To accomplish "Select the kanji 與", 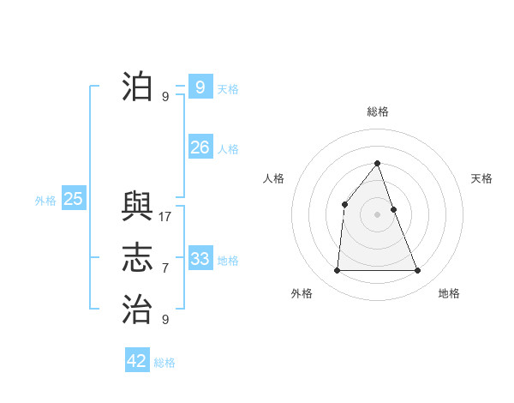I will click(x=137, y=207).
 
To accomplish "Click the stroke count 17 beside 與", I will click(x=165, y=217).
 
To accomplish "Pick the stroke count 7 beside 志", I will click(x=165, y=268).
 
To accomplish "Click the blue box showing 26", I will click(x=200, y=147).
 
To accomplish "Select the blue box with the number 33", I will click(x=200, y=258).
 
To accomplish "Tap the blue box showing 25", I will click(x=73, y=199).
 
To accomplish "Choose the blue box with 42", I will click(x=136, y=360).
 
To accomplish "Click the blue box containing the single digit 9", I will click(x=200, y=87).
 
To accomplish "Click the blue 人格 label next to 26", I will click(x=228, y=149).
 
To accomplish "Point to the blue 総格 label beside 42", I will click(x=164, y=363).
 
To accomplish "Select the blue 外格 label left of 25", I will click(x=45, y=201).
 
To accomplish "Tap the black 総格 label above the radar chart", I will click(x=378, y=111).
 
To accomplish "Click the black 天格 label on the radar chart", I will click(x=481, y=178).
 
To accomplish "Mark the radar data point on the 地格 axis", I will click(x=418, y=271).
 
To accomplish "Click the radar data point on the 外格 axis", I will click(x=337, y=271).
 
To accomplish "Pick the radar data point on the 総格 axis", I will click(x=378, y=163).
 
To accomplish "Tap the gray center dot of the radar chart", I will click(x=378, y=214).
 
